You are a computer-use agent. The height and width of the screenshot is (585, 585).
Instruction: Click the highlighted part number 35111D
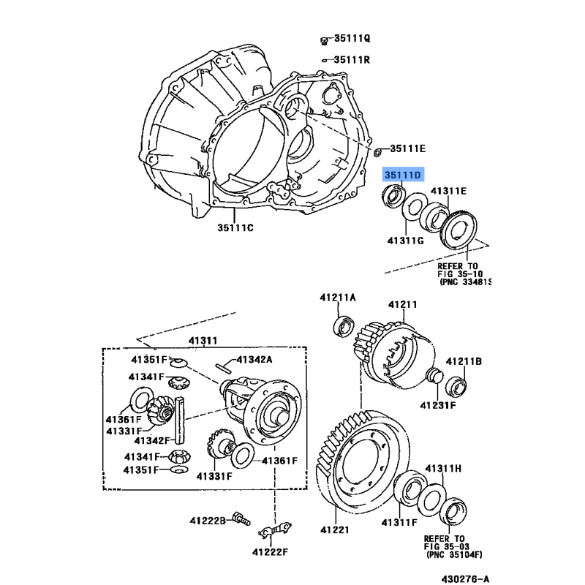coord(403,175)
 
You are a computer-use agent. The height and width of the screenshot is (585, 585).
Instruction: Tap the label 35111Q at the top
coord(352,39)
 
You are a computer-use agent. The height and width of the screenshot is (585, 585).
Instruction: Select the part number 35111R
coord(352,60)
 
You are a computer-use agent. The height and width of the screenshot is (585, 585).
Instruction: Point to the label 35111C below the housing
coord(235,227)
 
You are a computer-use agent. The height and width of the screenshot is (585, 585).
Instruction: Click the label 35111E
coord(408,148)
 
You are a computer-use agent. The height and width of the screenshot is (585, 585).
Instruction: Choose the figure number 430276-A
coord(465,578)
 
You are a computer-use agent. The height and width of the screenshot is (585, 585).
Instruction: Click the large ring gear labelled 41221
coord(362,463)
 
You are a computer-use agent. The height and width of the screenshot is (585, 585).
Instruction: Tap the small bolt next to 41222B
coord(241,518)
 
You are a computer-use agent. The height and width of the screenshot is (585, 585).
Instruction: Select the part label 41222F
coord(270,552)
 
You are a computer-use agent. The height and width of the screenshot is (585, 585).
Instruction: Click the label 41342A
coord(254,359)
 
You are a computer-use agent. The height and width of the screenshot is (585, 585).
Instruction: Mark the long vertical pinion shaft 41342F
coord(180,420)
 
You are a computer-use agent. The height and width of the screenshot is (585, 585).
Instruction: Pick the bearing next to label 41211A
coord(344,326)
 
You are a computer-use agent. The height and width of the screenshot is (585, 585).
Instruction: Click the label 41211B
coord(464,361)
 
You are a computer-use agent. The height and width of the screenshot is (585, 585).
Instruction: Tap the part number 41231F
coord(438,405)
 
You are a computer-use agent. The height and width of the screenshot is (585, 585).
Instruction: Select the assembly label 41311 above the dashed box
coord(203,341)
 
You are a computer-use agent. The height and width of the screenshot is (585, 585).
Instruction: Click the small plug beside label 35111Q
coord(324,41)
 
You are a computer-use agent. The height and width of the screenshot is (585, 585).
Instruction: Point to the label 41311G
coord(405,241)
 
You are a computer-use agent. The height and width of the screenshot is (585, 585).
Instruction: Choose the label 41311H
coord(443,468)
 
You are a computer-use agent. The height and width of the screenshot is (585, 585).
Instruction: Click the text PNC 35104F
coord(454,555)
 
